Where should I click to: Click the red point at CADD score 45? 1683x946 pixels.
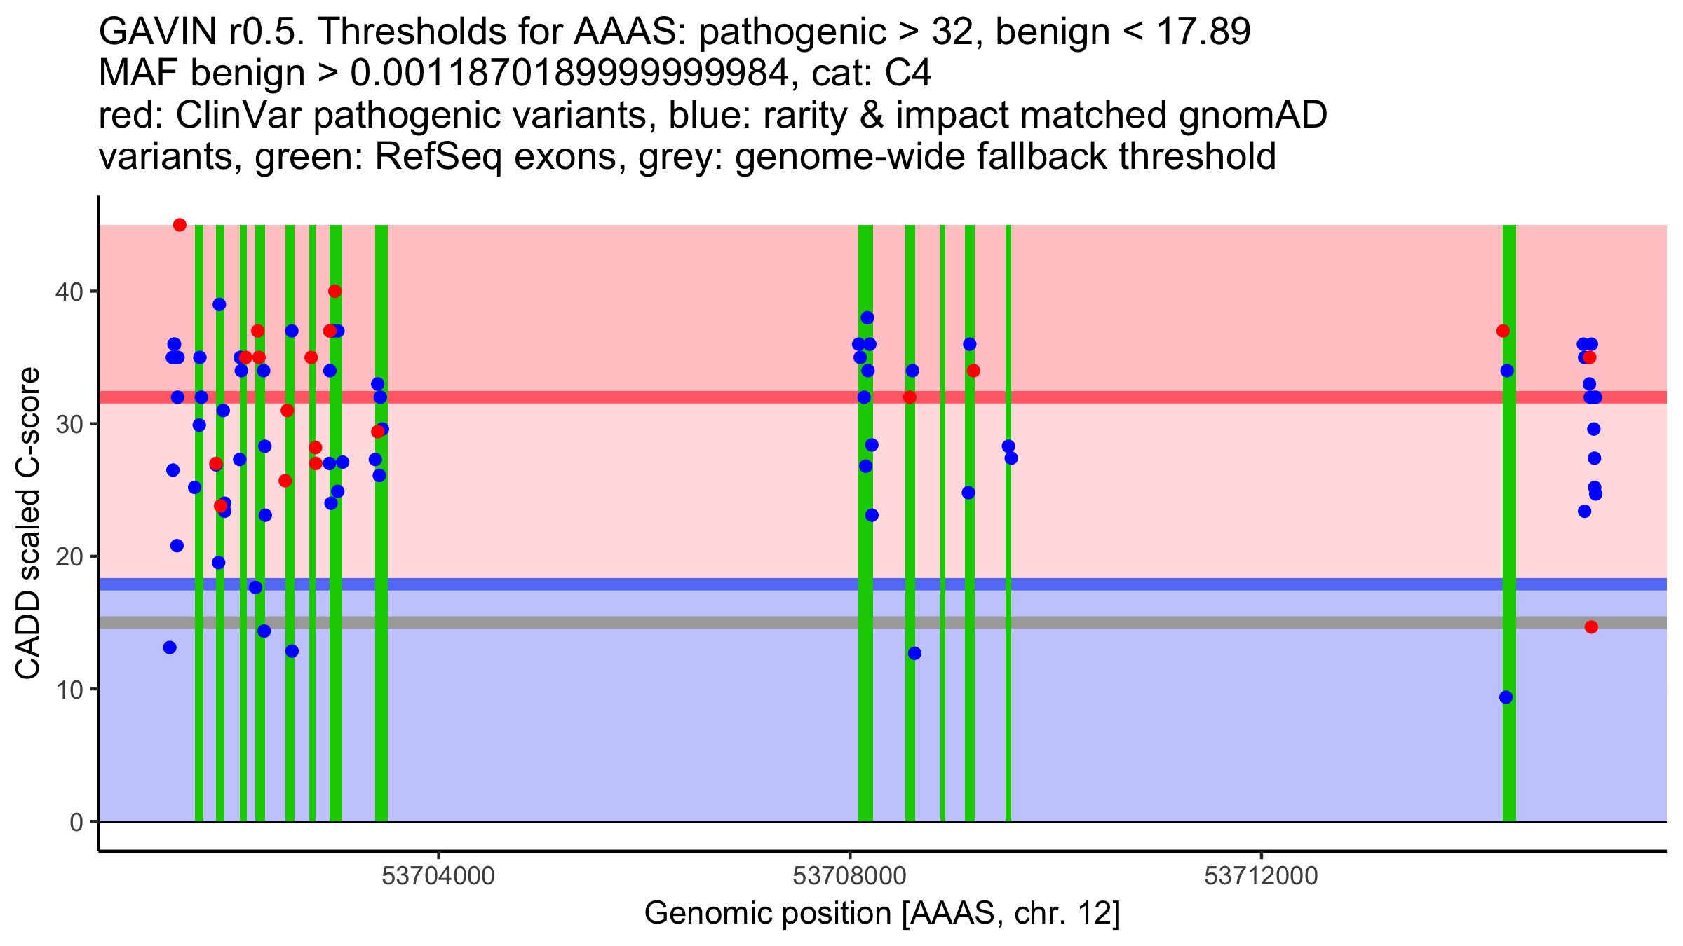[x=180, y=225]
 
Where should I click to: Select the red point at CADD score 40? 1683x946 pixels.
[x=334, y=291]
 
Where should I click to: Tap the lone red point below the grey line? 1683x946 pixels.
[x=1591, y=627]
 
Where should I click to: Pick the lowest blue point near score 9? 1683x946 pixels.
[x=1506, y=697]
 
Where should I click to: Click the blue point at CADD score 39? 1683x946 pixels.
[x=219, y=304]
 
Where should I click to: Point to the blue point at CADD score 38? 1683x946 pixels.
[x=867, y=317]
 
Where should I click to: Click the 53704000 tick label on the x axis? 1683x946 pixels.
[x=438, y=876]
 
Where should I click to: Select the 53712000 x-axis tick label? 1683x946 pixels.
[x=1261, y=876]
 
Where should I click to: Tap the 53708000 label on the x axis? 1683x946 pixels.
[x=849, y=876]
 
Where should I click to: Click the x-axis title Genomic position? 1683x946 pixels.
[x=881, y=914]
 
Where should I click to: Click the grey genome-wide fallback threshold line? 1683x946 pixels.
[x=1192, y=623]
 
